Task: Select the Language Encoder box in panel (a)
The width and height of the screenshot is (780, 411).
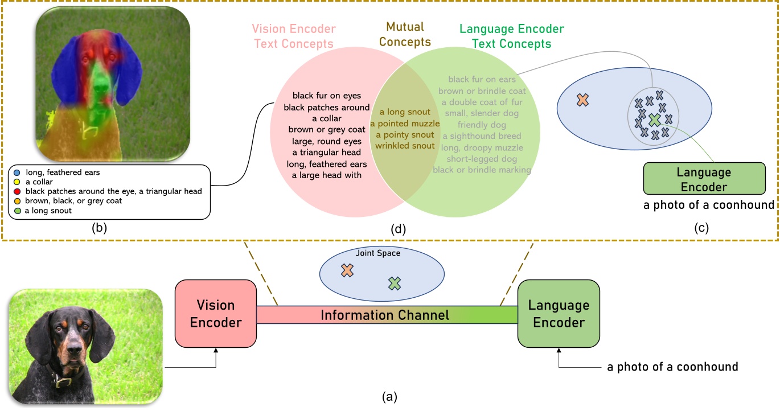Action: click(x=559, y=314)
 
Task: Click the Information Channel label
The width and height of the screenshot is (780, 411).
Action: click(x=384, y=315)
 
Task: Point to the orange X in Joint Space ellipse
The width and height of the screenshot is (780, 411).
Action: click(x=347, y=271)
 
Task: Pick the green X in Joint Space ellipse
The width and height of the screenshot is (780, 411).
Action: click(x=394, y=282)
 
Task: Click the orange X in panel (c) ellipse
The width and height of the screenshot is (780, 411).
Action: click(x=582, y=100)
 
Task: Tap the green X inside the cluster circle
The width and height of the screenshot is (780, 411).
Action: click(x=654, y=120)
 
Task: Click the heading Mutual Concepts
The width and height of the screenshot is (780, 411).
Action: click(x=405, y=35)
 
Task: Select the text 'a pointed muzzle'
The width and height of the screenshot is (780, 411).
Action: click(x=405, y=123)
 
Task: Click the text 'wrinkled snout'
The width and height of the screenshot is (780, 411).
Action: click(x=405, y=146)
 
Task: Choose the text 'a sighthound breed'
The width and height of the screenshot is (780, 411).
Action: click(x=482, y=135)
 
